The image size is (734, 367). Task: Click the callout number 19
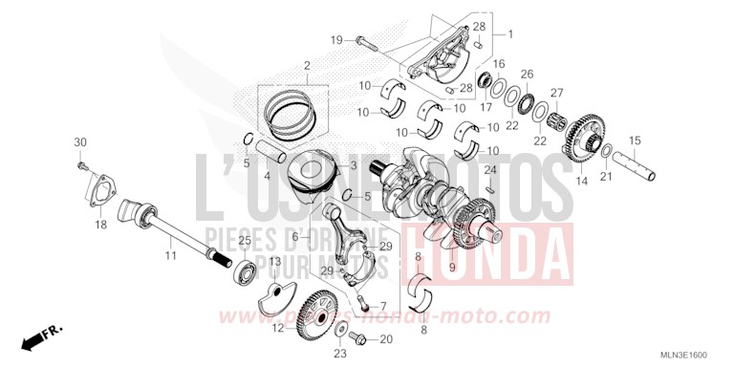[336, 39]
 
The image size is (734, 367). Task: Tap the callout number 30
[80, 142]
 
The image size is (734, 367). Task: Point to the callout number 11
[170, 256]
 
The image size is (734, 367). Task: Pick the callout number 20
[386, 339]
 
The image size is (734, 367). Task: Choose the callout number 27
[556, 93]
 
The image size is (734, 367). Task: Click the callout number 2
[308, 66]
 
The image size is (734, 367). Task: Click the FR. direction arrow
[38, 336]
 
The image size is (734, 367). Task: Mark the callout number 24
[489, 169]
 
